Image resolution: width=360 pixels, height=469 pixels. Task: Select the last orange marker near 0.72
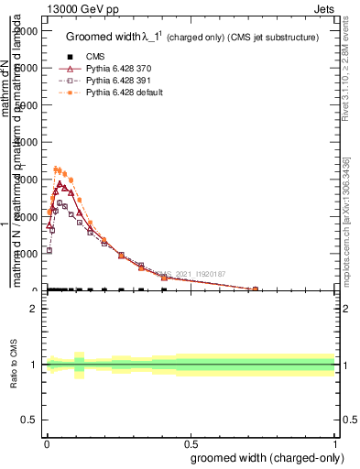coord(256,289)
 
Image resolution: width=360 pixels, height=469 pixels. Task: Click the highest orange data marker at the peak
coord(56,169)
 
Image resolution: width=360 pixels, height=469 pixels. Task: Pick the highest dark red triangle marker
coord(60,184)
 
